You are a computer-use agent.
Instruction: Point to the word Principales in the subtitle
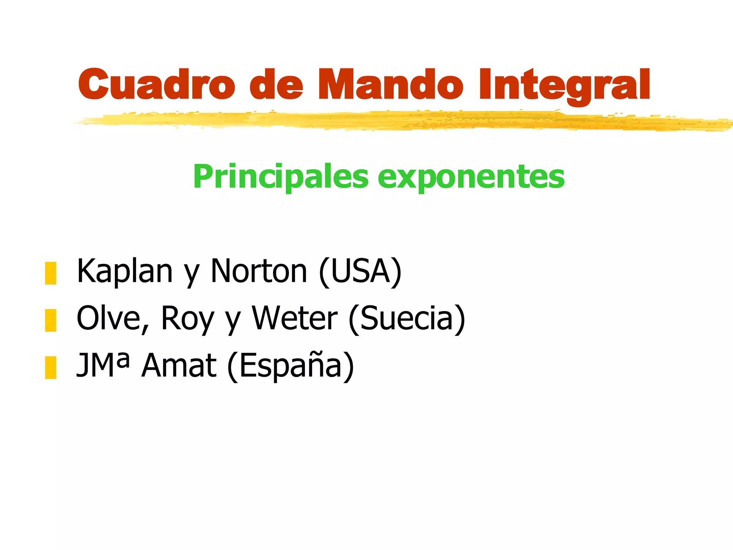pyautogui.click(x=281, y=177)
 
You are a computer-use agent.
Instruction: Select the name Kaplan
pyautogui.click(x=125, y=271)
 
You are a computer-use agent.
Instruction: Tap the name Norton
pyautogui.click(x=259, y=271)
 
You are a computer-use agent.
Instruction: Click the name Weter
pyautogui.click(x=295, y=319)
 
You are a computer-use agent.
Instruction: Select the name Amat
pyautogui.click(x=179, y=366)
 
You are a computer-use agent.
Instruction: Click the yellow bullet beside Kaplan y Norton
pyautogui.click(x=50, y=273)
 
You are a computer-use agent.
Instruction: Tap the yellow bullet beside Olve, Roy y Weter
pyautogui.click(x=50, y=320)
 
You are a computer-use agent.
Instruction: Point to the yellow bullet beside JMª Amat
pyautogui.click(x=50, y=367)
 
